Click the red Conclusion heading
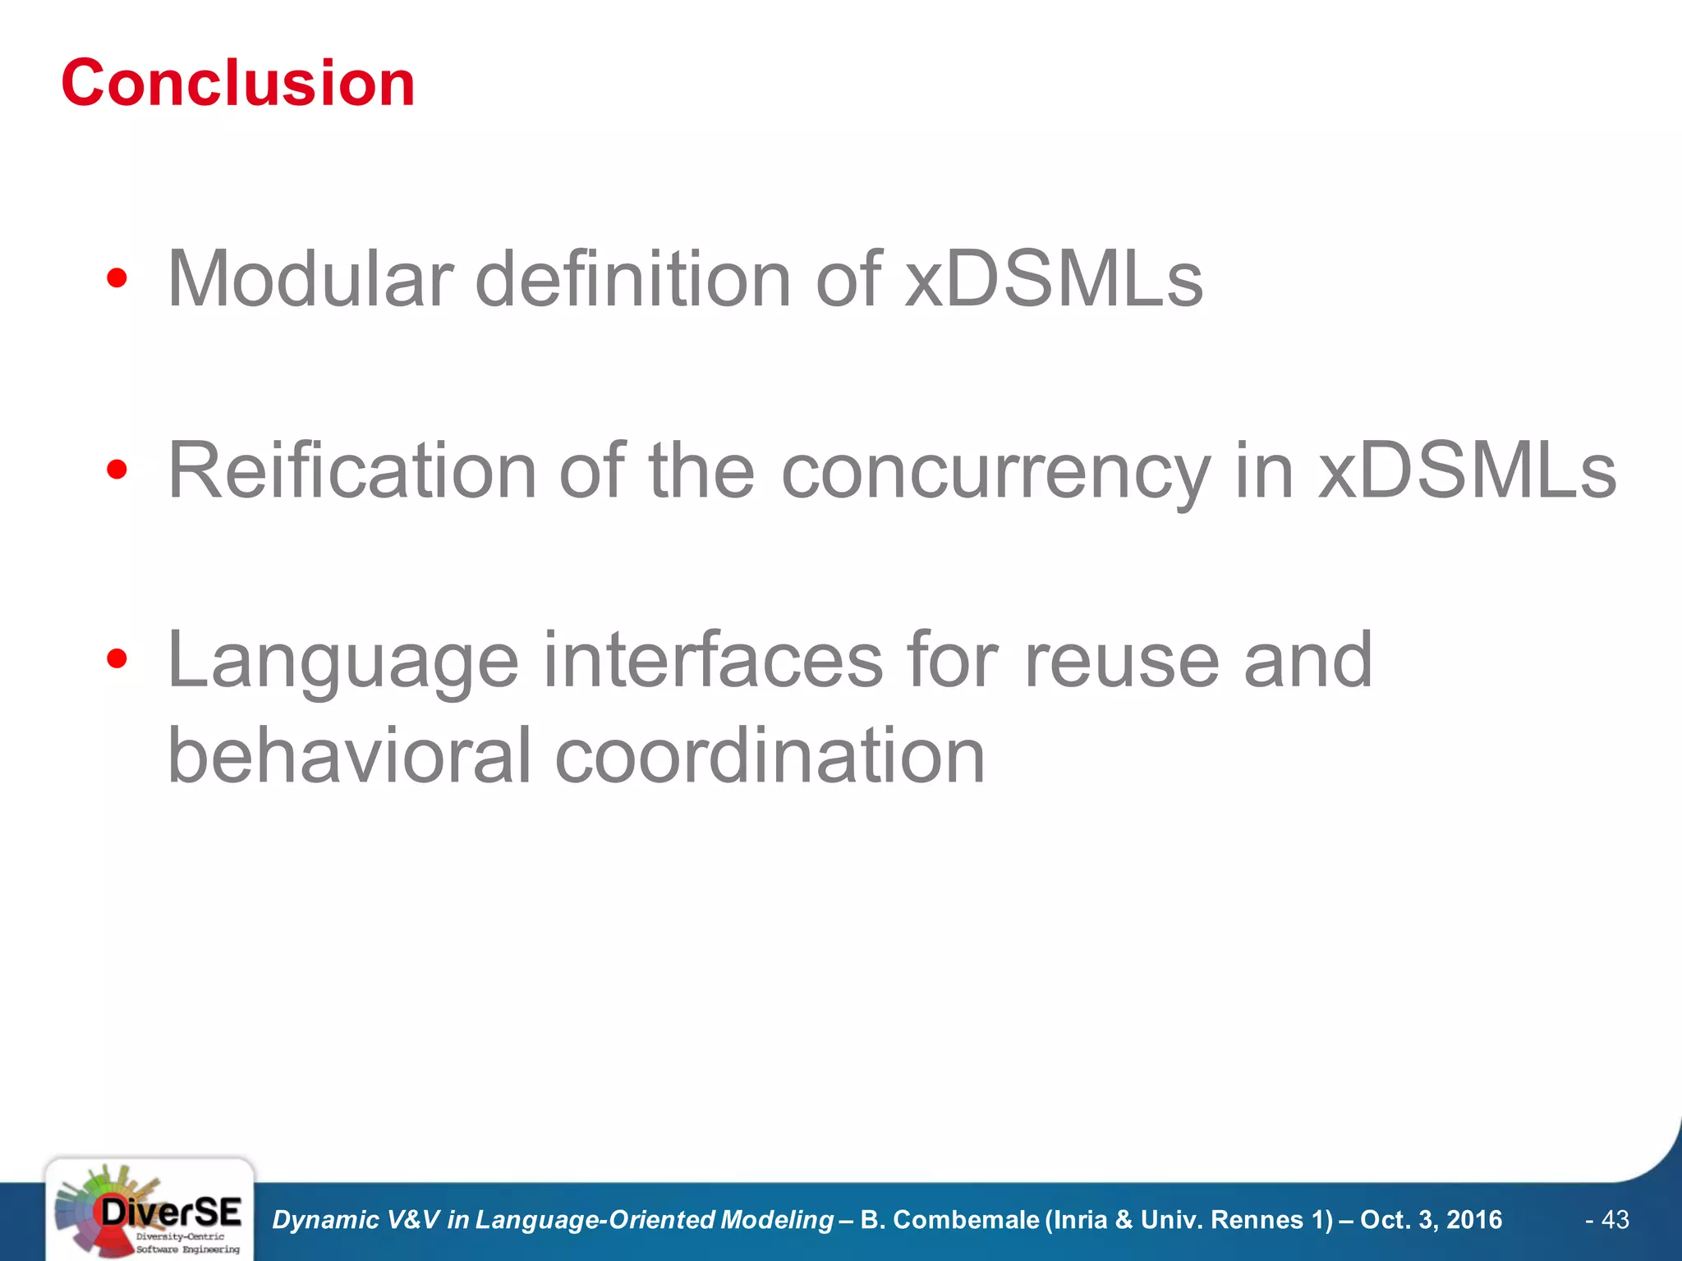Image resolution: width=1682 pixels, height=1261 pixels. click(x=238, y=84)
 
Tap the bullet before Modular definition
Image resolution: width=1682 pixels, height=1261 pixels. click(x=117, y=279)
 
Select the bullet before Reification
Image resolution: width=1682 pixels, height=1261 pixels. click(x=117, y=470)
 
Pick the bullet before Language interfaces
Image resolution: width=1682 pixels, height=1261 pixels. click(x=117, y=658)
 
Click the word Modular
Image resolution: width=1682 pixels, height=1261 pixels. click(x=310, y=279)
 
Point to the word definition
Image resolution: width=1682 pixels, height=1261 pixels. click(x=632, y=279)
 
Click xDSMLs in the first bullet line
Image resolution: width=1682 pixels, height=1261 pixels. click(x=1053, y=279)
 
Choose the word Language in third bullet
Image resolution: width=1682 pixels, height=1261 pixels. click(x=343, y=662)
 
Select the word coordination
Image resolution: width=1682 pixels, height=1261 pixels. click(x=770, y=755)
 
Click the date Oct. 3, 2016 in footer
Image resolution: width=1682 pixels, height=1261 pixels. click(x=1431, y=1220)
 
